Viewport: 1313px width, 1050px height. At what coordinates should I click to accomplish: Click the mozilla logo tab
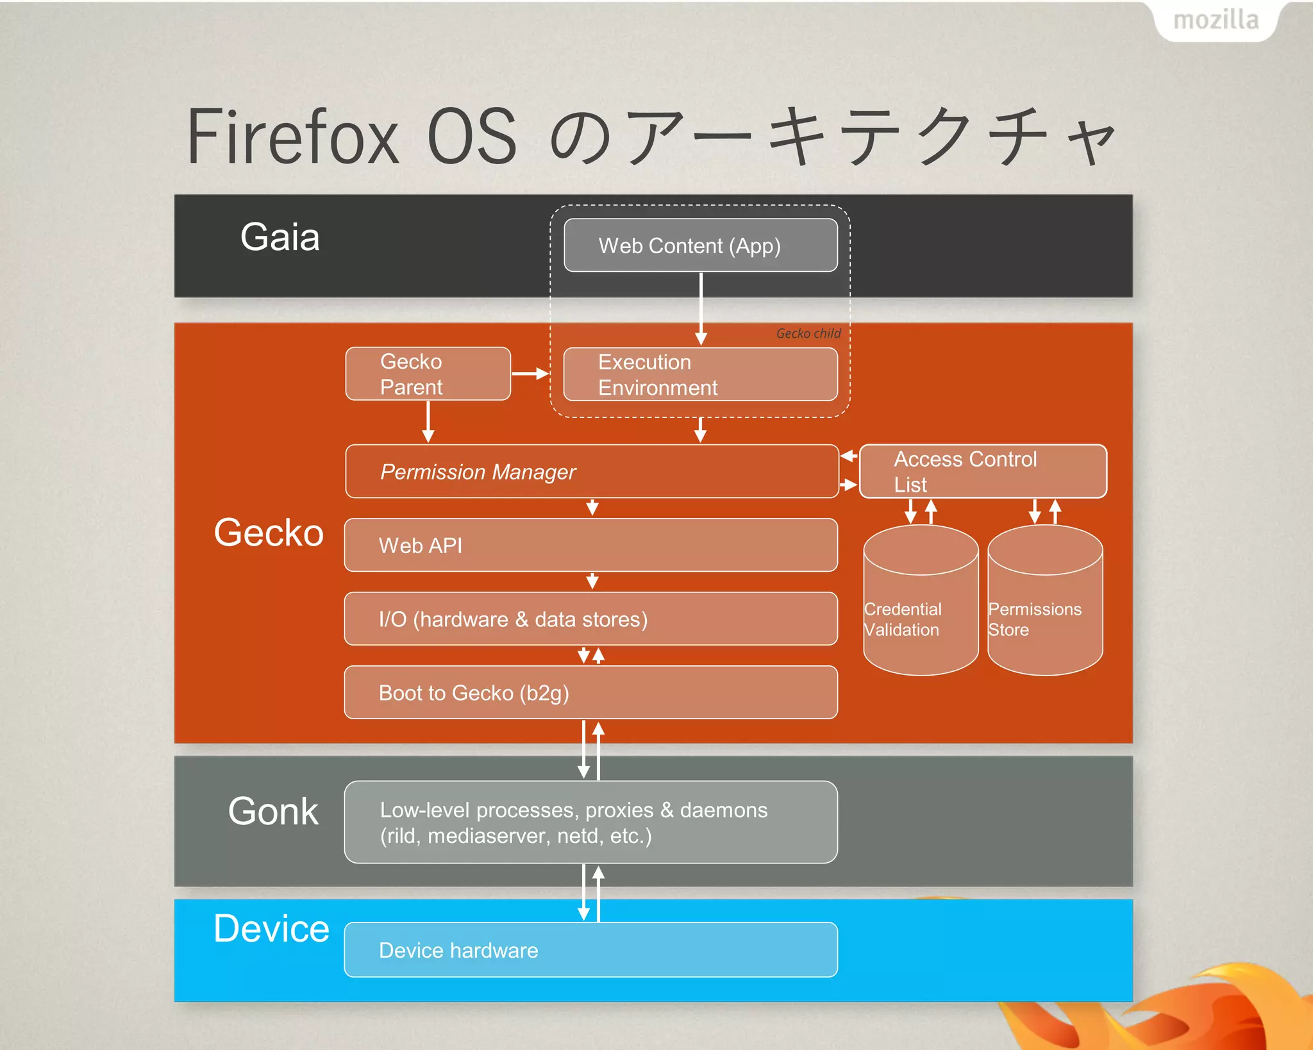[1216, 21]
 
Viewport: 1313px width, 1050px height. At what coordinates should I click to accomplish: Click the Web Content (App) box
[700, 246]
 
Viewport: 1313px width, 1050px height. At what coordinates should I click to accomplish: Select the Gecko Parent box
[428, 374]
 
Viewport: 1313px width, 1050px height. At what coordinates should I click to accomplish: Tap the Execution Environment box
[700, 374]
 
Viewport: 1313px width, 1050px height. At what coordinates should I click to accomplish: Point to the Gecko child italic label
[808, 333]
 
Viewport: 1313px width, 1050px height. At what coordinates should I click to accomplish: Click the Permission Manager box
[591, 472]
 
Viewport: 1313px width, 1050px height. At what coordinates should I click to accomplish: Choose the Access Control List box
[982, 472]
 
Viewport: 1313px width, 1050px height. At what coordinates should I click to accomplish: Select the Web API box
[590, 546]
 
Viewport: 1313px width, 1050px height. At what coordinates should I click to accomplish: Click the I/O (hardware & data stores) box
[590, 619]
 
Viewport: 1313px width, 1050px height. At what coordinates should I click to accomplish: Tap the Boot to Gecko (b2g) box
[590, 693]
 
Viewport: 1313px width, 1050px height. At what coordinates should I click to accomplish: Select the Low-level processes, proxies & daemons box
[590, 822]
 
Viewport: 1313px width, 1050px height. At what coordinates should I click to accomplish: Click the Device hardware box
[590, 950]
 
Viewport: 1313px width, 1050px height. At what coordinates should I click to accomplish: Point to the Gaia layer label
[280, 237]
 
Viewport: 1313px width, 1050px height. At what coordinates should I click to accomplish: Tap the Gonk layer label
[273, 812]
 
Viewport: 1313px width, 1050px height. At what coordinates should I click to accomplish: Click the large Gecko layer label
[269, 533]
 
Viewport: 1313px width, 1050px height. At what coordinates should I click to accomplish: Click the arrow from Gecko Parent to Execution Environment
[530, 374]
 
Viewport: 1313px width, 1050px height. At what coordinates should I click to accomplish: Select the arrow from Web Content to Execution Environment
[701, 308]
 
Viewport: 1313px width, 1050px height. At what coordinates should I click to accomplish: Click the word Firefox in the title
[293, 137]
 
